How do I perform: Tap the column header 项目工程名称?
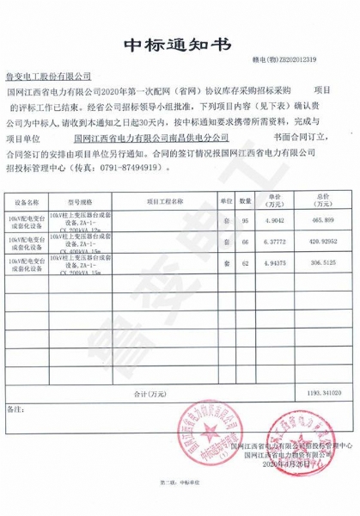coord(165,200)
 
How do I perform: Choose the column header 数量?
coord(245,200)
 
